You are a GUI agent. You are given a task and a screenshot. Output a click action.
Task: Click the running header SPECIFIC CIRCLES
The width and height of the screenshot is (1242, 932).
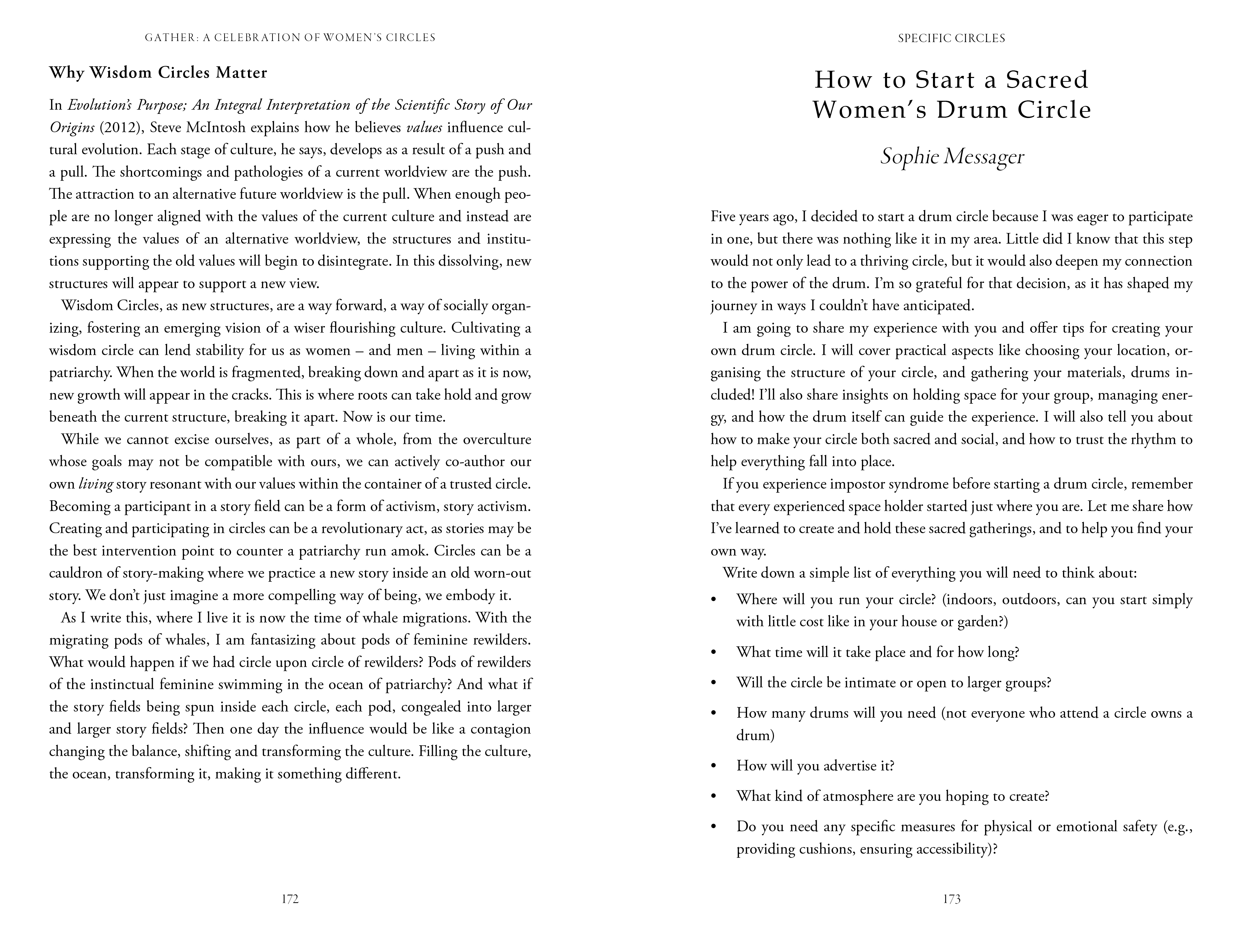[x=952, y=38]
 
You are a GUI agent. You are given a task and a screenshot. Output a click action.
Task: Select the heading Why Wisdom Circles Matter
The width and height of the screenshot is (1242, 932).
[x=158, y=73]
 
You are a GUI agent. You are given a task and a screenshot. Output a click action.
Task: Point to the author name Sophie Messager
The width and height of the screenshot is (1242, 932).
[x=952, y=157]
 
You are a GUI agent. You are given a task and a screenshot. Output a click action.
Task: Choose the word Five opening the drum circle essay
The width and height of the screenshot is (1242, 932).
[x=723, y=217]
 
